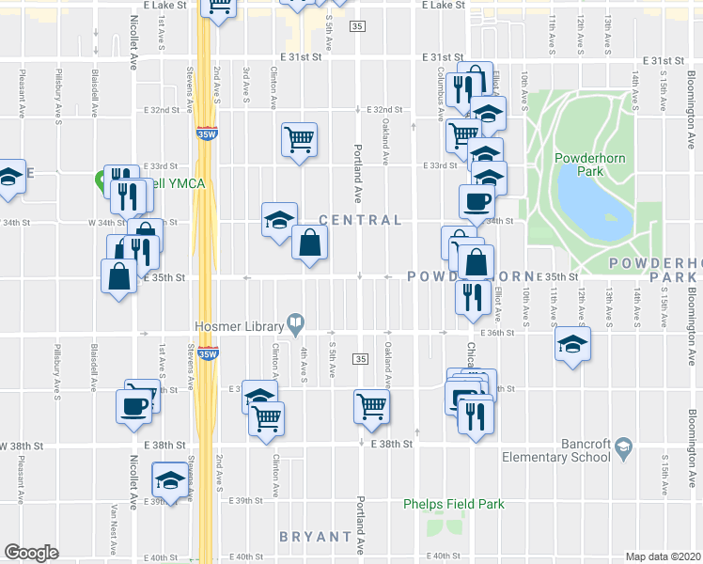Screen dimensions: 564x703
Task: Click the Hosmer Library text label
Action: tap(238, 325)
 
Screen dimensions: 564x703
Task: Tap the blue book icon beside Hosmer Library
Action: tap(295, 325)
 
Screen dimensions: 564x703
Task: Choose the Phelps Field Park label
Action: tap(454, 504)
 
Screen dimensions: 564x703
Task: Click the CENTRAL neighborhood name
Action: tap(360, 220)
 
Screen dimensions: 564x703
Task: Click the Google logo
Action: tap(31, 553)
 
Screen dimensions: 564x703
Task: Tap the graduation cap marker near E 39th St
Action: tap(169, 479)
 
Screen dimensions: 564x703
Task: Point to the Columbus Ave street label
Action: tap(440, 94)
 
